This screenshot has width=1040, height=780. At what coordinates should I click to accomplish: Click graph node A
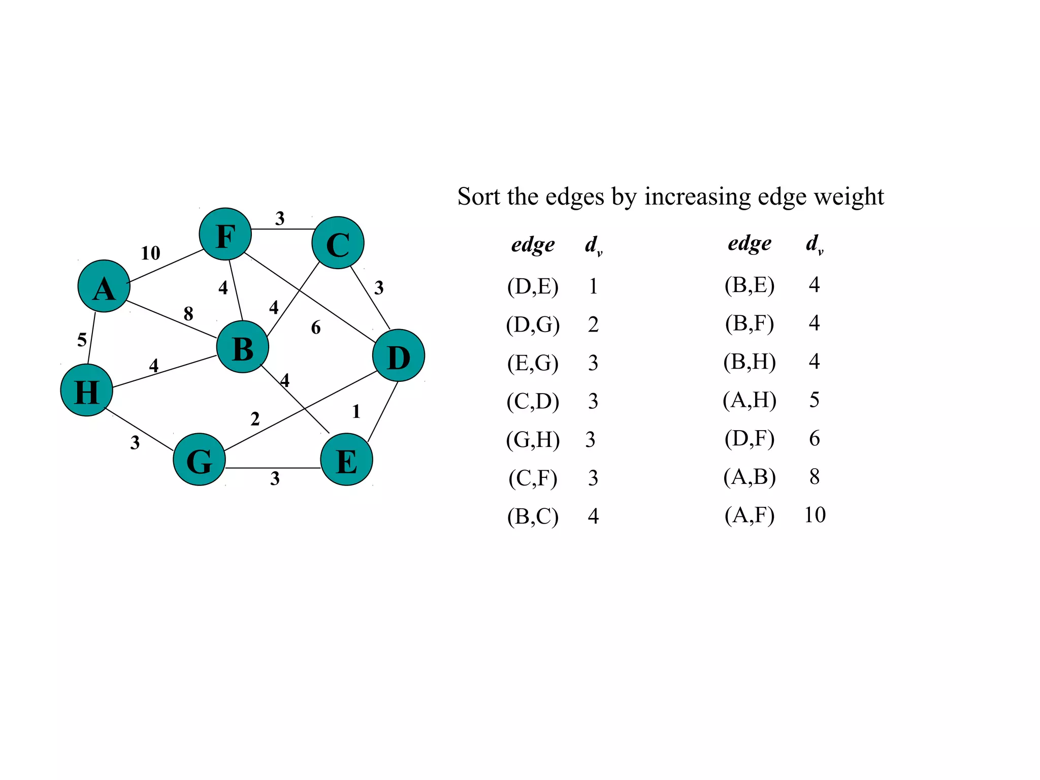tap(104, 286)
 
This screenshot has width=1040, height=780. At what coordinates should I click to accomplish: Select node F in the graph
tap(225, 234)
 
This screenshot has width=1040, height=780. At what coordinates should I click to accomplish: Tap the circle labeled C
tap(338, 243)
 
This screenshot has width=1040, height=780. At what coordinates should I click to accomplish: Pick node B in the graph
tap(243, 347)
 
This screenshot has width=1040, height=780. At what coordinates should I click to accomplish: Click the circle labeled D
tap(399, 355)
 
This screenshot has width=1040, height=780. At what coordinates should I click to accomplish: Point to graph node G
tap(200, 460)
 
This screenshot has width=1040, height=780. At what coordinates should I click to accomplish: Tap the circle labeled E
tap(347, 460)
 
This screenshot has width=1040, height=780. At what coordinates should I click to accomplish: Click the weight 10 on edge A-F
tap(150, 253)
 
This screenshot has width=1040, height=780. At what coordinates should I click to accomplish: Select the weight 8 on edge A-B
tap(188, 313)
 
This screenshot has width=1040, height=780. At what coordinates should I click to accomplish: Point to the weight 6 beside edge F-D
tap(316, 328)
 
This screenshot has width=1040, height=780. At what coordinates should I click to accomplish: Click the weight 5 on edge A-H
tap(82, 340)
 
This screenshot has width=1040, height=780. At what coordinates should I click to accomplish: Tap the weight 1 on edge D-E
tap(356, 411)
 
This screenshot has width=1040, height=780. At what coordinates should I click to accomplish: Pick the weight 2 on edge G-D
tap(255, 419)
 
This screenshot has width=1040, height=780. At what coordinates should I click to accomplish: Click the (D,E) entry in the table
tap(533, 286)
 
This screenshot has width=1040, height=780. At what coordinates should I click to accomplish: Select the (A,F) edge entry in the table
tap(750, 515)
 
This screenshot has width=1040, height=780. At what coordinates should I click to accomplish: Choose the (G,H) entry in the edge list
tap(533, 440)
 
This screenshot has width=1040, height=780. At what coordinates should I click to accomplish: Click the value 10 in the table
tap(815, 515)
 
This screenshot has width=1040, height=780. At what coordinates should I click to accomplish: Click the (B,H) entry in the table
tap(750, 362)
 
